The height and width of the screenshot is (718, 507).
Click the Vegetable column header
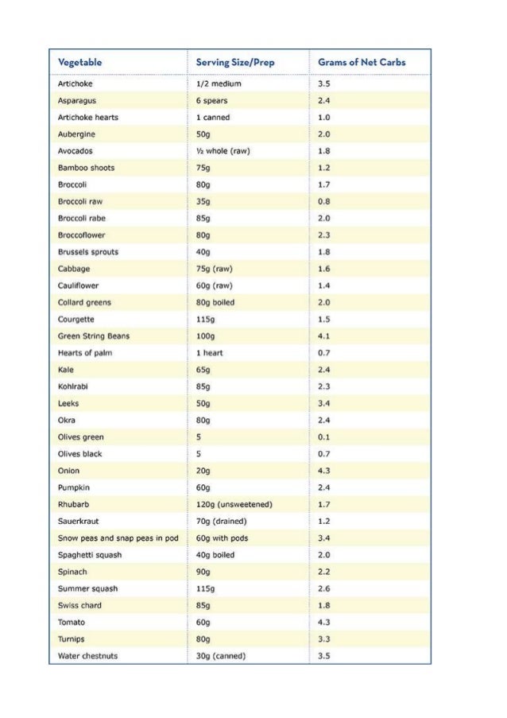click(79, 62)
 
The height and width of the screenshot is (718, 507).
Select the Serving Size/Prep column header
click(229, 62)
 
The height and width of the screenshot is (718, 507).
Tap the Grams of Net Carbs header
click(362, 62)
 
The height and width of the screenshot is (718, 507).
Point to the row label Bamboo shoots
click(86, 168)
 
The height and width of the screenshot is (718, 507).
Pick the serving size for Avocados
click(223, 151)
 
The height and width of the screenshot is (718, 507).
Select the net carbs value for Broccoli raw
click(323, 202)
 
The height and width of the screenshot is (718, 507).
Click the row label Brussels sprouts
click(87, 252)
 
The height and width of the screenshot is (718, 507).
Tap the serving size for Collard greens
click(215, 302)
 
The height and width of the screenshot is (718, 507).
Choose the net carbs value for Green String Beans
click(323, 336)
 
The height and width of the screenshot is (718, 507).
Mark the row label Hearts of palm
click(85, 353)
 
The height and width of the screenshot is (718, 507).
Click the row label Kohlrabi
click(74, 386)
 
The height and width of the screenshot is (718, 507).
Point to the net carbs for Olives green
click(323, 437)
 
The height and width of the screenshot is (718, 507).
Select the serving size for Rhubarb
click(234, 504)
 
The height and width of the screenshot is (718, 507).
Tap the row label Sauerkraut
click(78, 522)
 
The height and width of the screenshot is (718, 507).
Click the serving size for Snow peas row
click(222, 538)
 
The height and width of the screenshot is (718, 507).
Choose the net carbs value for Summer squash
click(323, 588)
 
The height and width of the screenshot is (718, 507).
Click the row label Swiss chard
click(79, 605)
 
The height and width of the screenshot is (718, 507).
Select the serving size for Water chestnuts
click(220, 656)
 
